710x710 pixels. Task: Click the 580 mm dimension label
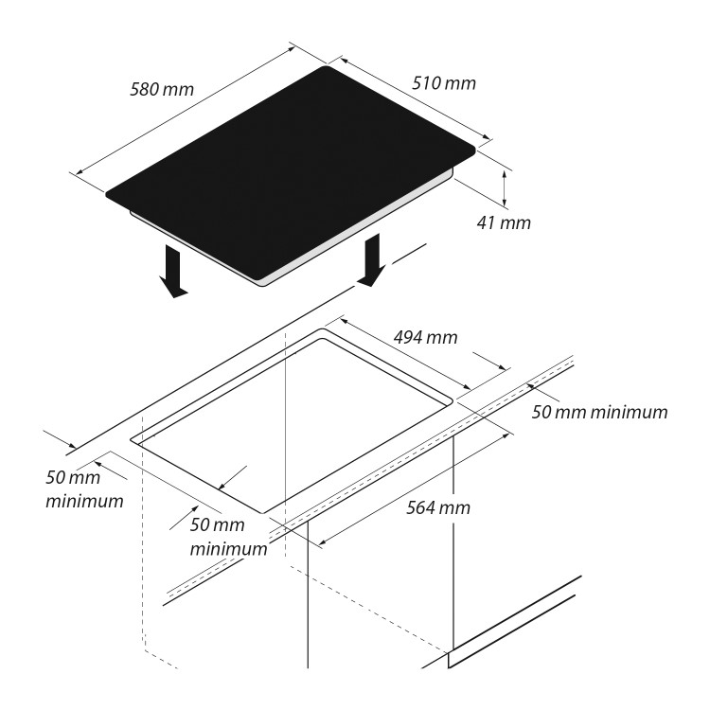[x=162, y=89]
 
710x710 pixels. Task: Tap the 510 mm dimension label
[x=444, y=83]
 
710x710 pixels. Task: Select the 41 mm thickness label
[x=504, y=222]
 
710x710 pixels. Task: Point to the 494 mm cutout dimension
[x=426, y=337]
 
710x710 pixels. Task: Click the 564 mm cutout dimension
[x=438, y=507]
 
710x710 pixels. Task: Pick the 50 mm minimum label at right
[x=599, y=412]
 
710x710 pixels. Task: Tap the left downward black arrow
[x=174, y=272]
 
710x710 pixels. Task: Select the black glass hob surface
[x=291, y=173]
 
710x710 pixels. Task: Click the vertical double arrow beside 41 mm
[x=504, y=187]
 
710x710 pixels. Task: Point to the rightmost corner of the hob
[x=474, y=147]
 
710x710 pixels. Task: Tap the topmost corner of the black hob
[x=326, y=67]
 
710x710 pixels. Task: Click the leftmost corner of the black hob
[x=107, y=195]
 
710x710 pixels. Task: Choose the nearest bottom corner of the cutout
[x=262, y=513]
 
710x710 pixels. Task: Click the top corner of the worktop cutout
[x=323, y=329]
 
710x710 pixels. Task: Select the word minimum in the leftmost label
[x=84, y=501]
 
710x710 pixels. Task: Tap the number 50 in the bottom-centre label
[x=200, y=524]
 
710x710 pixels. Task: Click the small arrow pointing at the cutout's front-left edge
[x=232, y=478]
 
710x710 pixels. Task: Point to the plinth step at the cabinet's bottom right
[x=449, y=659]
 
